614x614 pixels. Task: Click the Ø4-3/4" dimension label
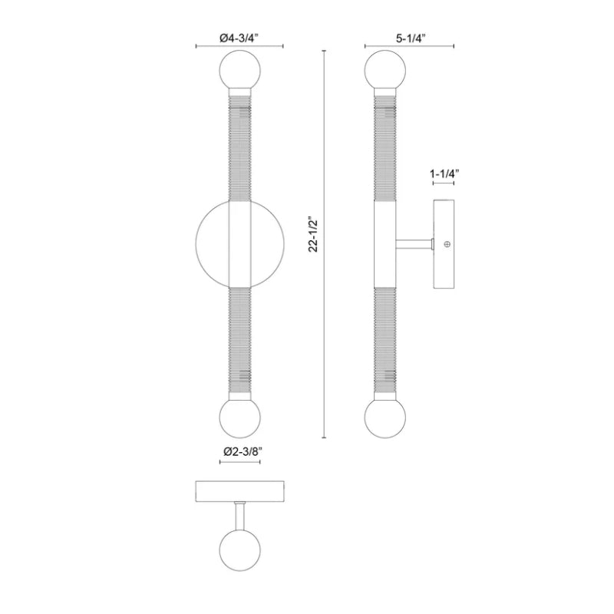click(x=239, y=38)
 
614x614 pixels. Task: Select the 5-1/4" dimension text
click(x=411, y=38)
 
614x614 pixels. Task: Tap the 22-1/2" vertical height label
click(x=315, y=234)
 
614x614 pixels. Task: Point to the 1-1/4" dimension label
click(x=444, y=173)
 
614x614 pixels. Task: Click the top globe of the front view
click(x=240, y=71)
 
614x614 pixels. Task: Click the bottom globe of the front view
click(x=240, y=418)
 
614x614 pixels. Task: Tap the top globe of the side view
click(x=385, y=71)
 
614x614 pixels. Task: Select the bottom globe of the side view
click(x=385, y=418)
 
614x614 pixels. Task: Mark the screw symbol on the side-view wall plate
click(x=447, y=244)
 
